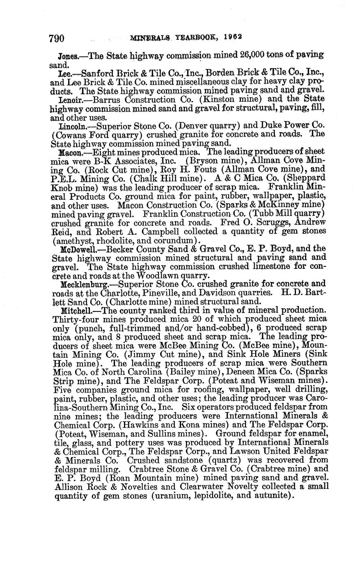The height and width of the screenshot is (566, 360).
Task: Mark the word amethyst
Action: [75, 240]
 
